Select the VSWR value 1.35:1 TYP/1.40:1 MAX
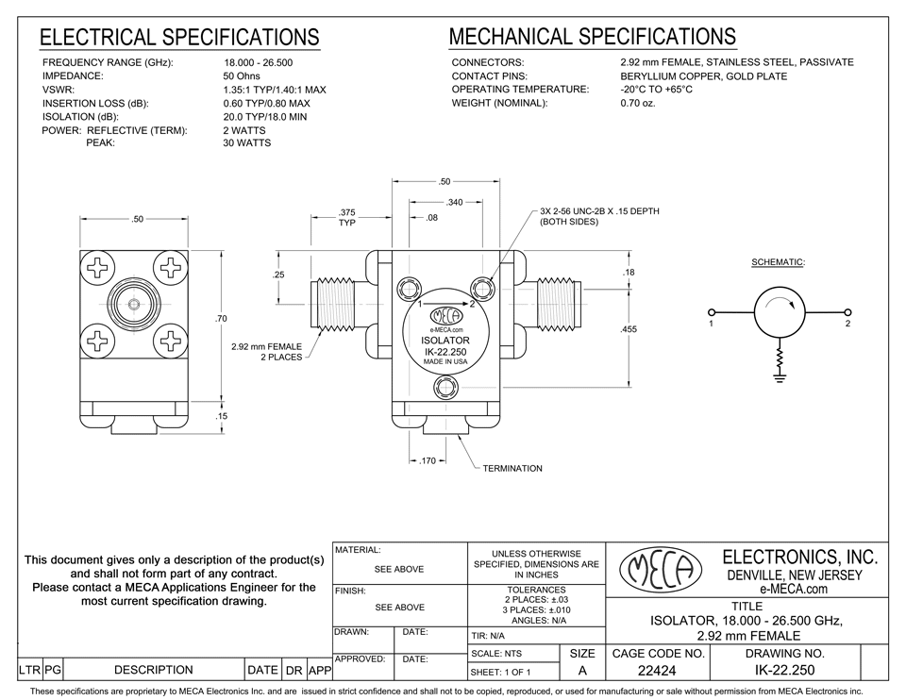pyautogui.click(x=274, y=90)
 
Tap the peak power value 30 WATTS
pyautogui.click(x=246, y=143)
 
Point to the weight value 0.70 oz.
pyautogui.click(x=637, y=103)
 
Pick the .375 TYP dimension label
pyautogui.click(x=346, y=218)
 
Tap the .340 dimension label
pyautogui.click(x=454, y=201)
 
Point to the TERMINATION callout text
pyautogui.click(x=512, y=469)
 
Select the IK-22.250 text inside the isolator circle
pyautogui.click(x=445, y=352)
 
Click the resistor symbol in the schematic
pyautogui.click(x=780, y=359)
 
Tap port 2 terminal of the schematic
pyautogui.click(x=847, y=312)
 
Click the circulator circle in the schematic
pyautogui.click(x=780, y=312)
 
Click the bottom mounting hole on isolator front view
pyautogui.click(x=445, y=388)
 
